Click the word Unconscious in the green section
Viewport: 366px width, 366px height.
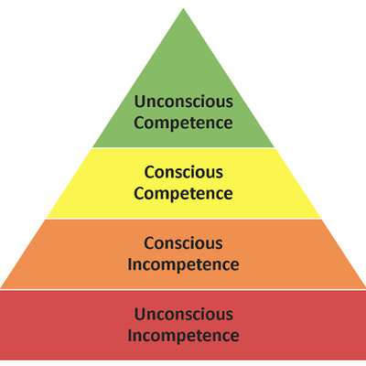(x=183, y=102)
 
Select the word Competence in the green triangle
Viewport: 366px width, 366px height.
(x=183, y=123)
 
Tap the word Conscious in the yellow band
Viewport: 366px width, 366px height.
(x=183, y=172)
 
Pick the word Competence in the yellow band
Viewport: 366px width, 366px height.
(x=183, y=194)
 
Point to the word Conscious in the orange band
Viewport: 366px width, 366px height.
(x=183, y=243)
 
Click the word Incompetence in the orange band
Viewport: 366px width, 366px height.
(x=183, y=264)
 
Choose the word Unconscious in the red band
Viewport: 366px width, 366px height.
(x=183, y=314)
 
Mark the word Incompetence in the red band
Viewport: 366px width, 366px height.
(x=183, y=336)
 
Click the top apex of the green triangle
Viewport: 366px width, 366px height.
(x=183, y=8)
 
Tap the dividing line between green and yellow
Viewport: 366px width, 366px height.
(x=183, y=148)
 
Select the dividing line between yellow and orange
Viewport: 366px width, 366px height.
(x=183, y=219)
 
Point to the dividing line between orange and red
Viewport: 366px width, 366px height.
(x=183, y=289)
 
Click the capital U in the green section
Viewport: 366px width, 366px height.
(x=139, y=102)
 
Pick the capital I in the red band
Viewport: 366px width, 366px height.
(x=130, y=335)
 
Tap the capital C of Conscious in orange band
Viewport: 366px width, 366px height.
(x=149, y=243)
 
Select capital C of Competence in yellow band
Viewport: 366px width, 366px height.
(x=139, y=193)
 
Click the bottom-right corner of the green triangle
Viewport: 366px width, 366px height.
(x=274, y=147)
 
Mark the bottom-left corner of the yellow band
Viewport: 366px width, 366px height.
(x=47, y=218)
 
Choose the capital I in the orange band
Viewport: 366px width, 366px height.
(x=130, y=264)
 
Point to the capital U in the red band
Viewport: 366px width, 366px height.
(x=139, y=315)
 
